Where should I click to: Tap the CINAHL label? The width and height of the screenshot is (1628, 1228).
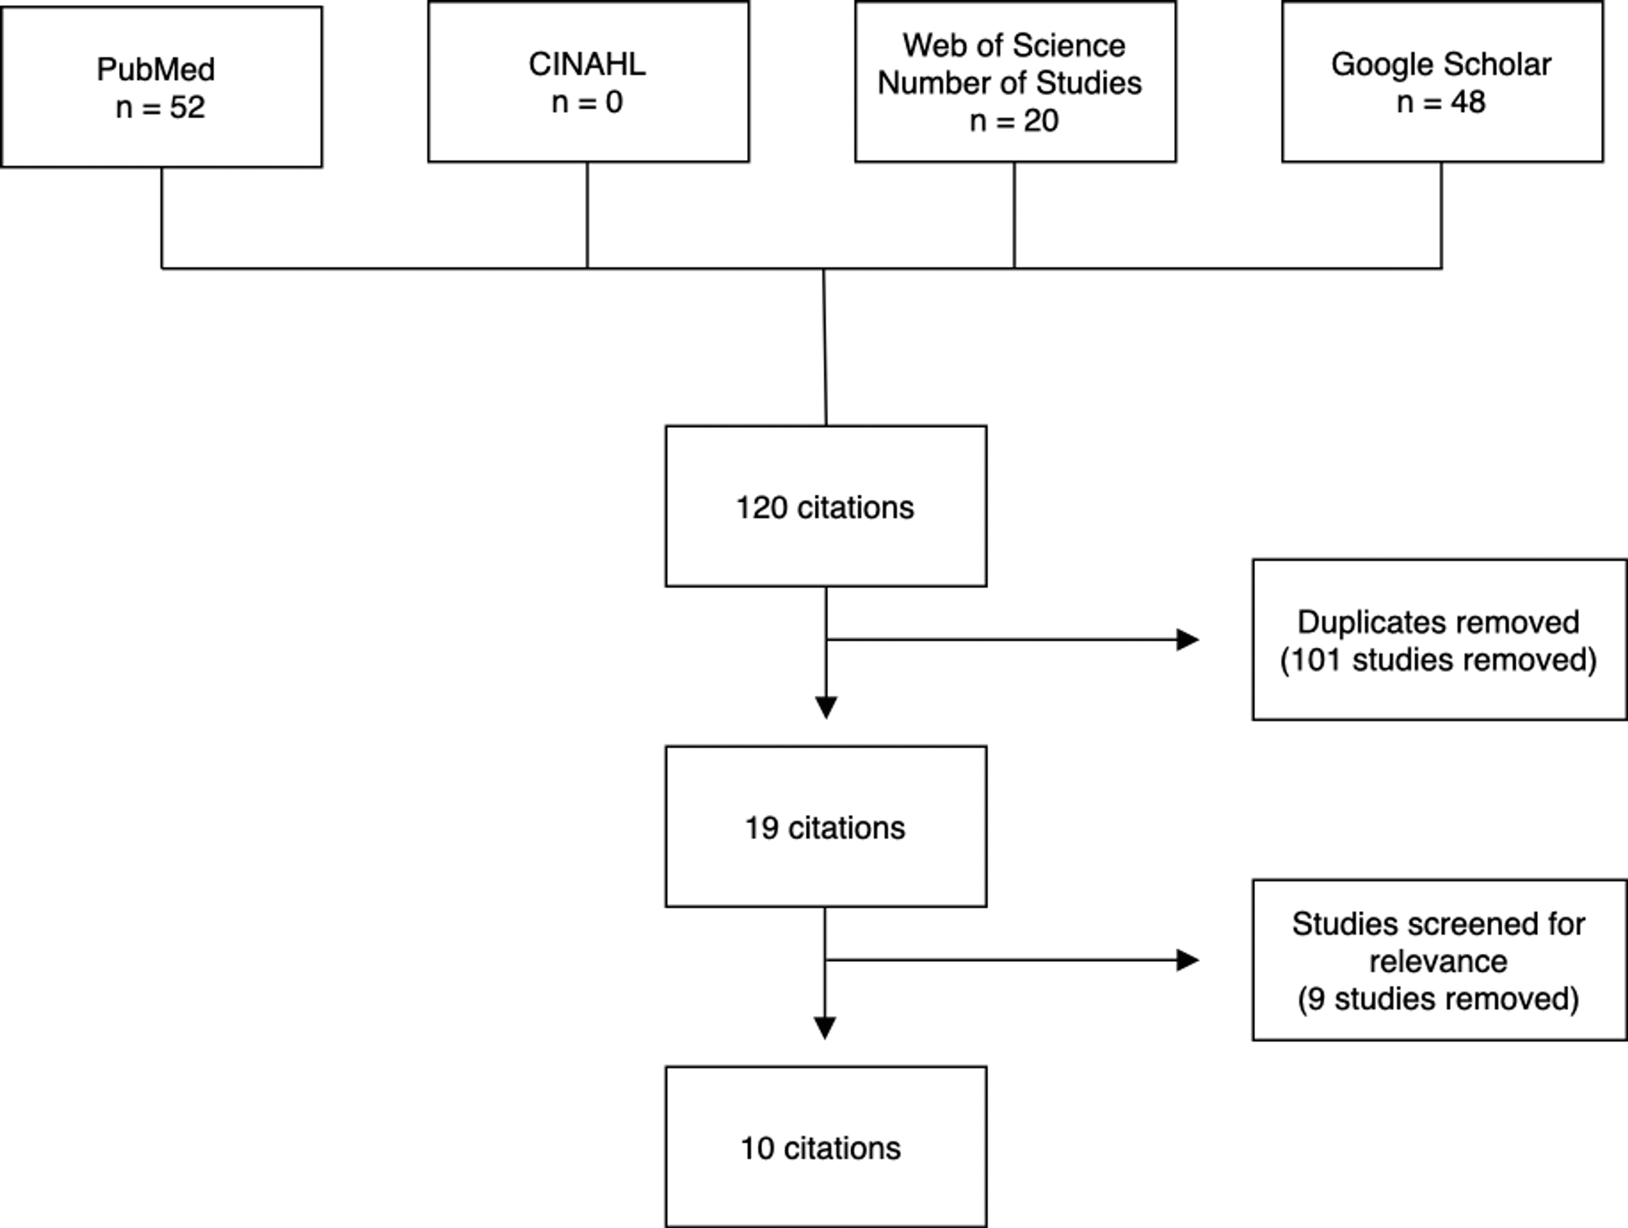tap(587, 64)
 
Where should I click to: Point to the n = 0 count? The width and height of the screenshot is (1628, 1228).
tap(587, 102)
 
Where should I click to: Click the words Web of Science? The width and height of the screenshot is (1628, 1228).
tap(1014, 46)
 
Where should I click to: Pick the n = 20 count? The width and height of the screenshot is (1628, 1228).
tap(1014, 121)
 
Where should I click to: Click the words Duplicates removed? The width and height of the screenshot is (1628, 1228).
tap(1438, 622)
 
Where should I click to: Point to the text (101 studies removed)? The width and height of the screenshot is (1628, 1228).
tap(1438, 660)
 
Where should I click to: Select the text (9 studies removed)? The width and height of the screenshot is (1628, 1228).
tap(1438, 999)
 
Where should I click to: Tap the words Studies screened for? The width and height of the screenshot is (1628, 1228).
tap(1438, 924)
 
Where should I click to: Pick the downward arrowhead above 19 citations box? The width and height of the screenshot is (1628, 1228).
tap(826, 707)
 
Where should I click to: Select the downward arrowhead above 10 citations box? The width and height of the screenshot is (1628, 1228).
tap(824, 1028)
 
